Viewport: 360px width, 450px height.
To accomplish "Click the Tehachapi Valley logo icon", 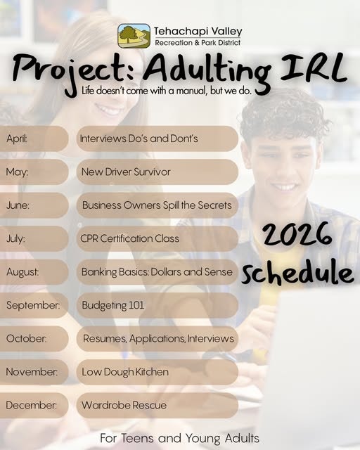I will click(134, 36).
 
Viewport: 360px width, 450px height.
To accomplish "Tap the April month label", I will click(17, 139).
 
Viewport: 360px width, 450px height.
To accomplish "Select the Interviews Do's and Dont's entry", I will click(139, 139).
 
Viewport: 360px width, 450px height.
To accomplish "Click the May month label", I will click(17, 172).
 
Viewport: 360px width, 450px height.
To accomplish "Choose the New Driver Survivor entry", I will click(127, 172).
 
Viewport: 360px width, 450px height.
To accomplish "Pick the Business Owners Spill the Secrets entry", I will click(156, 205).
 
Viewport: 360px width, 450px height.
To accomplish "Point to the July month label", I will click(16, 238).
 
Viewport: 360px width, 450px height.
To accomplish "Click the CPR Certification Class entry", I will click(130, 238).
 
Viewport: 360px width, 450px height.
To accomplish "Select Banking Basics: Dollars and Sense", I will click(157, 271).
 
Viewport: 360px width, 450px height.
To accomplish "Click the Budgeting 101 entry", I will click(113, 305).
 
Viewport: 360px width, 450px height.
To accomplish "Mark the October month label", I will click(26, 338).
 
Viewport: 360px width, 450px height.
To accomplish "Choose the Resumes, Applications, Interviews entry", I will click(158, 338).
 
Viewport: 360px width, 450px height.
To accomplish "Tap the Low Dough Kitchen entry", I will click(125, 371).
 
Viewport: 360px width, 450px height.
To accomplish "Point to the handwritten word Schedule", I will click(297, 274).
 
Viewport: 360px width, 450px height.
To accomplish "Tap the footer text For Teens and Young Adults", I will click(180, 438).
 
